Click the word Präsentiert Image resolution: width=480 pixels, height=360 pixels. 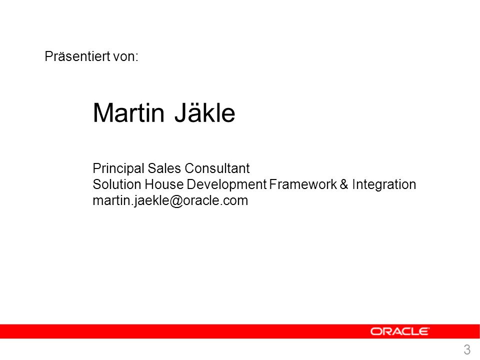point(77,56)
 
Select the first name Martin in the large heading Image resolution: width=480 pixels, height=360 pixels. point(129,113)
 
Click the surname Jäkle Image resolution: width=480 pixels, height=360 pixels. point(205,112)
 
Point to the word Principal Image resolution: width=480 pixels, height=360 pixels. point(118,168)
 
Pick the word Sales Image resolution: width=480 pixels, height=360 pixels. point(164,168)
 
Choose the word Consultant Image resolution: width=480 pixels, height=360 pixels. point(217,168)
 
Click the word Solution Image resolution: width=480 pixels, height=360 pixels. point(117,184)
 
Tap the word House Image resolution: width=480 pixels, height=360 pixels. point(164,184)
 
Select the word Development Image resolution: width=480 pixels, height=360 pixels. point(226,185)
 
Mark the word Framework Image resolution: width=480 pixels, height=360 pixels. point(303,184)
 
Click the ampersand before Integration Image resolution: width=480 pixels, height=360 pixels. point(344,184)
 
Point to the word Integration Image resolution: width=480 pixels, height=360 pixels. point(384,185)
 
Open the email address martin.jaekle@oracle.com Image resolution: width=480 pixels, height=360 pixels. point(170,201)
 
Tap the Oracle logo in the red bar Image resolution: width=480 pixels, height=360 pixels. point(399,331)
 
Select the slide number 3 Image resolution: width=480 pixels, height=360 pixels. point(467,349)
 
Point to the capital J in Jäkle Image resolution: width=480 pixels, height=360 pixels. point(180,113)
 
